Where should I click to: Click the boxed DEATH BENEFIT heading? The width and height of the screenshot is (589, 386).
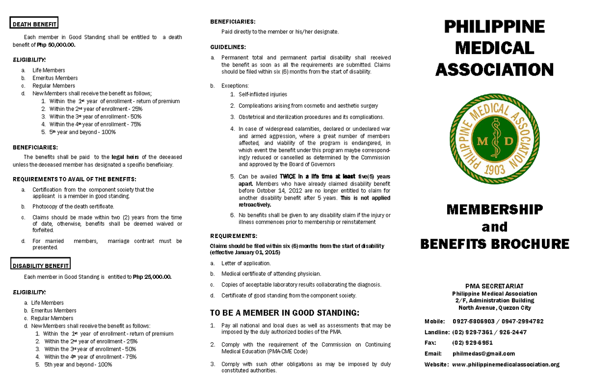click(x=34, y=24)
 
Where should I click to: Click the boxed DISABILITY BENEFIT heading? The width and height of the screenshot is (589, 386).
click(x=41, y=266)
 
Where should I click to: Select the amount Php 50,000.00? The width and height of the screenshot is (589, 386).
click(x=56, y=45)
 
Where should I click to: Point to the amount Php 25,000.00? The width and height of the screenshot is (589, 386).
click(x=152, y=277)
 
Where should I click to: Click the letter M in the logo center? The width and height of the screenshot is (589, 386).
click(x=482, y=142)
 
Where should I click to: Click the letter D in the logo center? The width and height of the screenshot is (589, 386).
click(x=508, y=142)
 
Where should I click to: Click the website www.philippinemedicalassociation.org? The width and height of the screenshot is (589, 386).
click(x=506, y=364)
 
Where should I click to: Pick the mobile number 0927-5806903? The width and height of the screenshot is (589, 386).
click(x=473, y=321)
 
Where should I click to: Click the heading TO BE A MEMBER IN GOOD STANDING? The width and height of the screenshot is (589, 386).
click(x=285, y=313)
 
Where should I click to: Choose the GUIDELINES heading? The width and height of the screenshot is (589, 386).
click(x=228, y=47)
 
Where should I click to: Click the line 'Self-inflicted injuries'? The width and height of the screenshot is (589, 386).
click(x=263, y=94)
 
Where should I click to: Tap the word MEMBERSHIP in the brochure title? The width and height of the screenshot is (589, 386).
click(x=495, y=209)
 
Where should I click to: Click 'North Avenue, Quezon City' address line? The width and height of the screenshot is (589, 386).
click(x=495, y=308)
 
